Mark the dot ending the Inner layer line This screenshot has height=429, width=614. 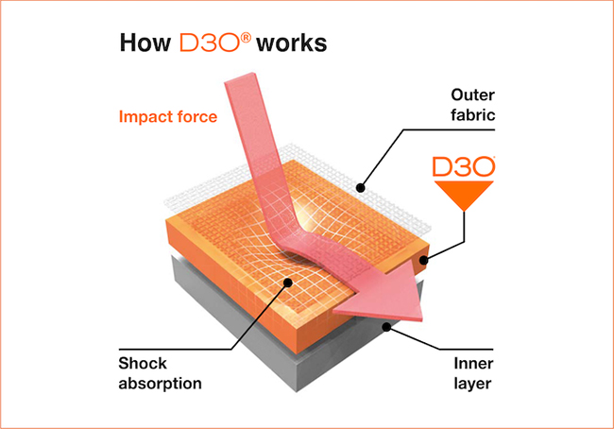[x=388, y=326]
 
